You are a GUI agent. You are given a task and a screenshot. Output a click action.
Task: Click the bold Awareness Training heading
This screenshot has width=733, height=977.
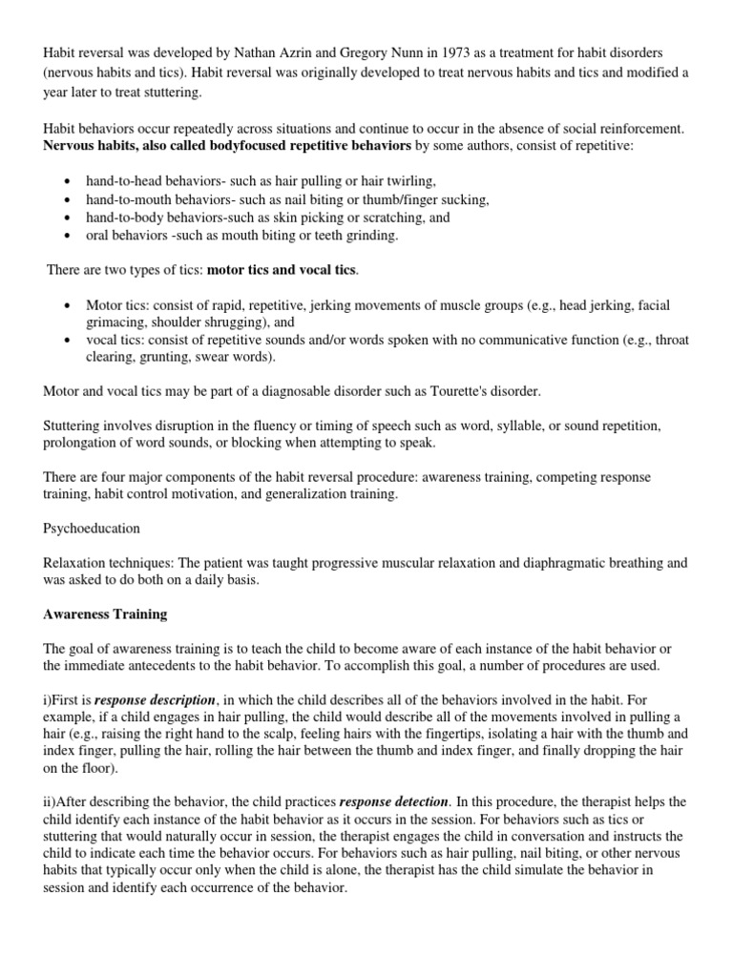[105, 615]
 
